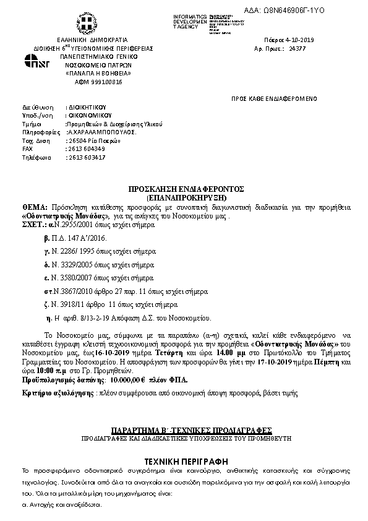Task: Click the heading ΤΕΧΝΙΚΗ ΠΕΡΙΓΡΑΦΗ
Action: pos(184,461)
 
